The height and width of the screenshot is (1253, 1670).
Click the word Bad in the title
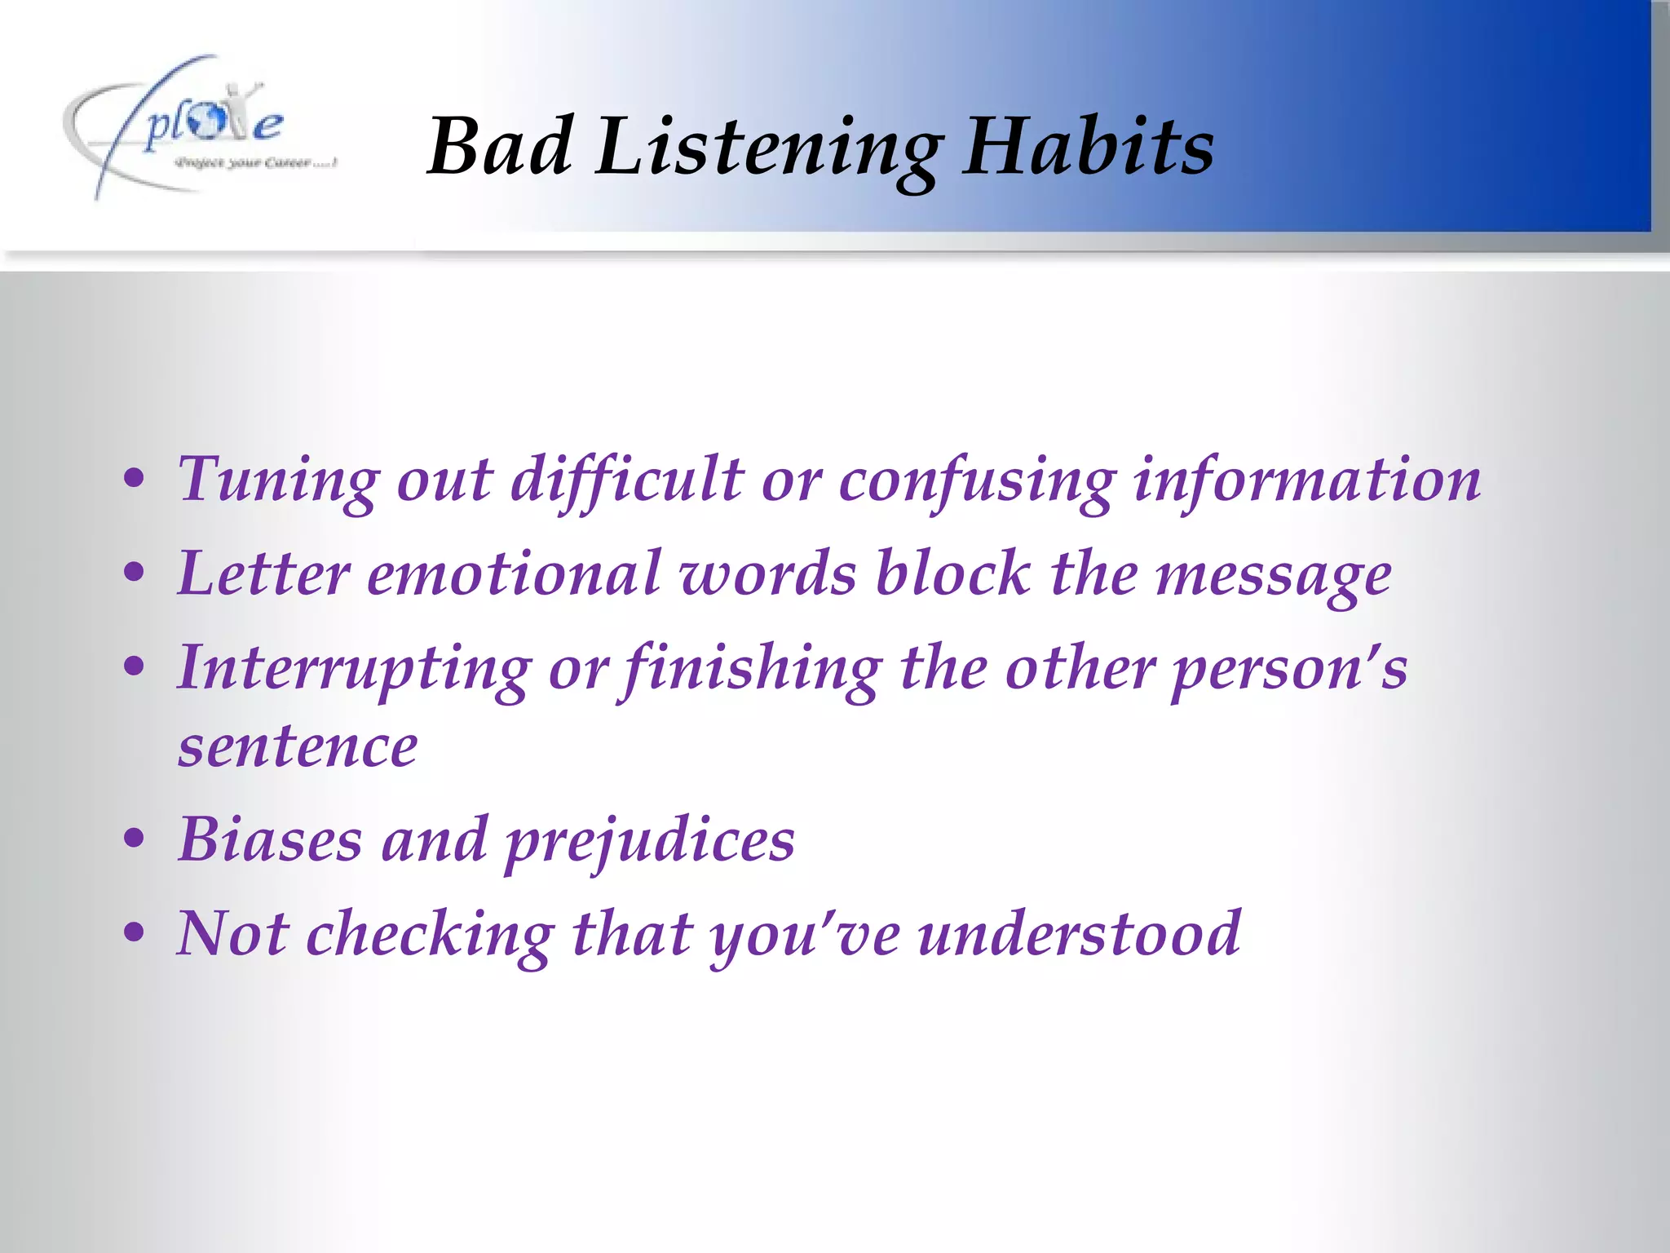pos(499,147)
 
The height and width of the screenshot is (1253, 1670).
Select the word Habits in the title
pos(1088,147)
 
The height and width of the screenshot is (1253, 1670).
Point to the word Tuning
pos(278,481)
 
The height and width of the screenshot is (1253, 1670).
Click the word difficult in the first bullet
pos(626,481)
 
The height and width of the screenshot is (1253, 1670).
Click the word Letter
pos(263,573)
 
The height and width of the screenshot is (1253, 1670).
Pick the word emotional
pos(514,573)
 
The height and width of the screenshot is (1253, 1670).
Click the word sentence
pos(298,747)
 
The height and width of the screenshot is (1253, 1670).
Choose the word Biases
pos(270,839)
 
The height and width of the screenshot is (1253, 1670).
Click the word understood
pos(1079,934)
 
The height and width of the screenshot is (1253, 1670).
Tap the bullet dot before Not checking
pos(135,932)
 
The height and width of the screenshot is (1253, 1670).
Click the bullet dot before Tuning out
pos(135,480)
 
